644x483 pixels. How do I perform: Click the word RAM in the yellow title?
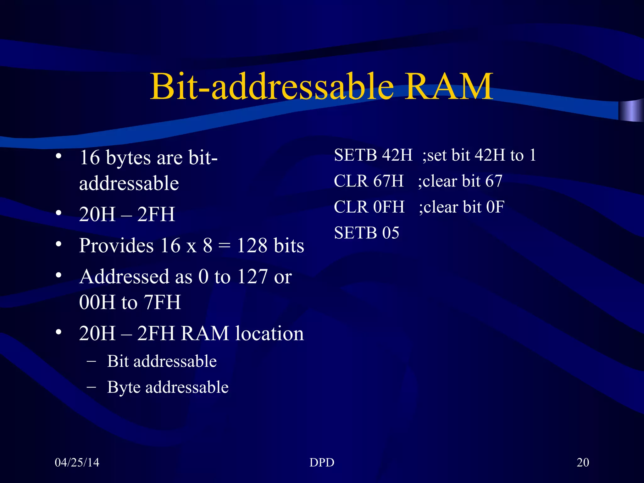448,86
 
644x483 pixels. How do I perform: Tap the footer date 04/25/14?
77,462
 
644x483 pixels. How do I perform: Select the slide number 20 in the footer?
583,462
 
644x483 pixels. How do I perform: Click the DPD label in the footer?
322,462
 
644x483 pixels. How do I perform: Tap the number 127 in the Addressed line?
252,277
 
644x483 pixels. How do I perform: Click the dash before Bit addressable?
92,361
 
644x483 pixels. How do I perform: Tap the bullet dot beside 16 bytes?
58,157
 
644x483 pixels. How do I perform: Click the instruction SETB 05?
367,233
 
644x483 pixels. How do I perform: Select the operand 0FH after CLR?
389,207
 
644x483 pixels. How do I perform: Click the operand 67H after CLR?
388,181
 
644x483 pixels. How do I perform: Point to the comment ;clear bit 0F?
461,207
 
